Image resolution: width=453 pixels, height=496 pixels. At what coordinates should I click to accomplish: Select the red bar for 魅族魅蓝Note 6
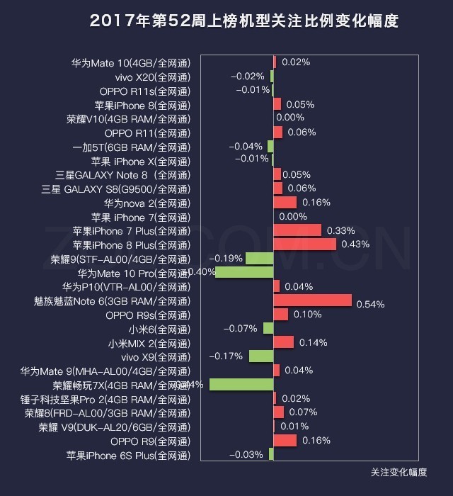[312, 300]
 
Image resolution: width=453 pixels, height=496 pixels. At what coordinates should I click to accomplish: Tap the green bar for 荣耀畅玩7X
[241, 384]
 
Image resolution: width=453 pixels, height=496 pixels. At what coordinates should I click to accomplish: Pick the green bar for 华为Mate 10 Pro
[244, 272]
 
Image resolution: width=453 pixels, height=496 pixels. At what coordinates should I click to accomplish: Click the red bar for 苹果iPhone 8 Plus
[304, 244]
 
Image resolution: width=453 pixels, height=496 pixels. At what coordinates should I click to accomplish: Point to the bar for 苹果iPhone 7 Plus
[297, 230]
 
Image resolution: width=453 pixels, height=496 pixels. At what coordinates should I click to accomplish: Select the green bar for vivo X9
[261, 356]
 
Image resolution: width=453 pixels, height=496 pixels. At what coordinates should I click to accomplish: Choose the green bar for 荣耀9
[259, 258]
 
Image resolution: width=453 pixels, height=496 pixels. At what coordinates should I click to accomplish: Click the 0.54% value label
[370, 305]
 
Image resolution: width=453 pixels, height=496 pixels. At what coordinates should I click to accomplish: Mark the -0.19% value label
[226, 258]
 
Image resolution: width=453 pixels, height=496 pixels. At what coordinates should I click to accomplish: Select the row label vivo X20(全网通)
[152, 77]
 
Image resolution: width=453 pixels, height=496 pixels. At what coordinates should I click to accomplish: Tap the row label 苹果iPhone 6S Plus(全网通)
[128, 455]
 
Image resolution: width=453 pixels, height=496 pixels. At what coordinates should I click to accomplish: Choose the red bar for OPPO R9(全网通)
[285, 441]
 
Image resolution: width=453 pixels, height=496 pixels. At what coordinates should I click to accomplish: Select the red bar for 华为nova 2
[285, 203]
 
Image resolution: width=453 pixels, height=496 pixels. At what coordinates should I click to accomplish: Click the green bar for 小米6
[268, 328]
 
